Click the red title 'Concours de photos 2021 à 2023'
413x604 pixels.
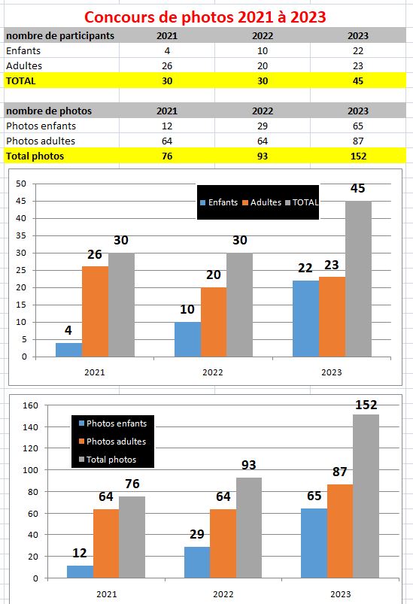(x=205, y=17)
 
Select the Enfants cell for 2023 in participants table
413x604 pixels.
(x=358, y=51)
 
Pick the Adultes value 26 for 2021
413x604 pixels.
(x=167, y=66)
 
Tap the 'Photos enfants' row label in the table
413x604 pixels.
(x=41, y=126)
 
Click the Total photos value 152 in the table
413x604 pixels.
(x=358, y=156)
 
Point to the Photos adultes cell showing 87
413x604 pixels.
(x=358, y=141)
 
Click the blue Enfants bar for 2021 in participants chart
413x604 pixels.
(x=69, y=350)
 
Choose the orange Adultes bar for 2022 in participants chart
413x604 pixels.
(x=214, y=322)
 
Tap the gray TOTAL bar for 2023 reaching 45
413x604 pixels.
(x=358, y=279)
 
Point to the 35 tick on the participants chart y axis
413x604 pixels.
(x=21, y=235)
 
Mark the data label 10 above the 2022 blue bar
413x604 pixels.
(x=187, y=309)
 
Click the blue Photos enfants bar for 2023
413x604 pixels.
(x=314, y=543)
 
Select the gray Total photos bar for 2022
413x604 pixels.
(x=249, y=528)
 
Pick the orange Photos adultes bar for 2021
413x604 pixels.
(x=106, y=544)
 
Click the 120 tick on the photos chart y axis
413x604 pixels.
(x=30, y=448)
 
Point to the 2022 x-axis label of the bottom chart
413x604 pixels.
(x=223, y=594)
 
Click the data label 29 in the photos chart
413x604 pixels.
(x=197, y=534)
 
